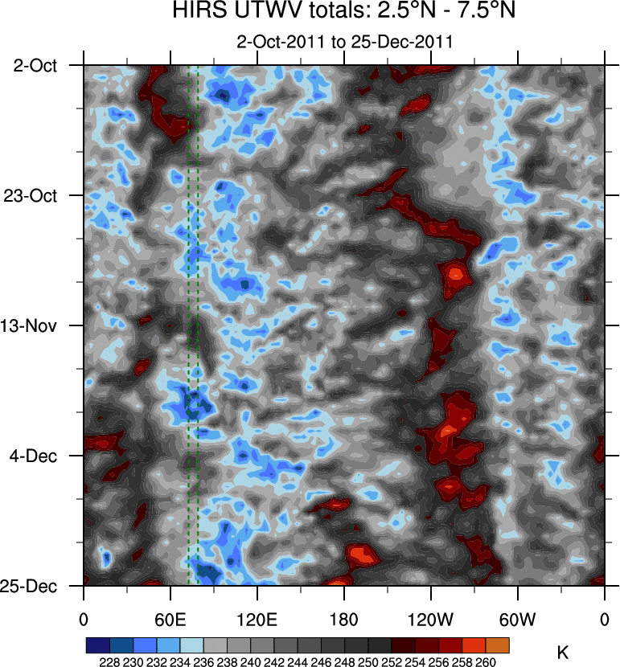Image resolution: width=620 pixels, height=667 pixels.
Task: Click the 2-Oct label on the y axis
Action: pos(35,65)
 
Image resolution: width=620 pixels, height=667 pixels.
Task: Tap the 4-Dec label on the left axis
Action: pos(35,456)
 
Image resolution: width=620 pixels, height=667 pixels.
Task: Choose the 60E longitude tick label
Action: pos(170,619)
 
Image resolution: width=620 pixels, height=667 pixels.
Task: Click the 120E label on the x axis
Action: pos(257,619)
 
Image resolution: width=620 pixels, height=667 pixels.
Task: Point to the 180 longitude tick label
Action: pos(344,619)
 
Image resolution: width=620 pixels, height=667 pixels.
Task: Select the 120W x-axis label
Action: pos(430,619)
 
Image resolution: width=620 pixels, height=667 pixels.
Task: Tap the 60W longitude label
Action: pos(517,619)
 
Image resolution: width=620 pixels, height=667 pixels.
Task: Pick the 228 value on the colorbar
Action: pos(109,662)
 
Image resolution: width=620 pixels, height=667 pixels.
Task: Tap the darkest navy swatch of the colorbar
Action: pos(97,645)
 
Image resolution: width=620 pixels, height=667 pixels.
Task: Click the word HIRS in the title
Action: pos(195,12)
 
